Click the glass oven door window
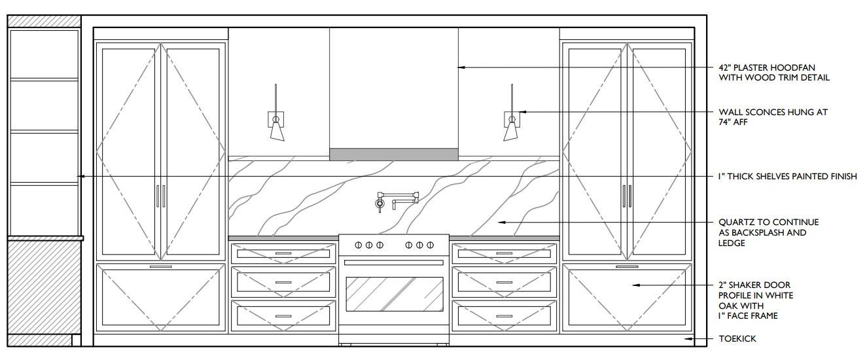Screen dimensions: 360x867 coord(395,294)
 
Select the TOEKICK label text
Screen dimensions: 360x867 coord(737,339)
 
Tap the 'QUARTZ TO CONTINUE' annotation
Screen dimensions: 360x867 coord(769,223)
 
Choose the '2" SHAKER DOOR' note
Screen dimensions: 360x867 coord(754,285)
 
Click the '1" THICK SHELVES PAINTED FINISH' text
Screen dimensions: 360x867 coord(787,177)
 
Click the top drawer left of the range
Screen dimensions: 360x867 coord(283,253)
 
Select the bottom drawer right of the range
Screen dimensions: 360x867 coord(504,316)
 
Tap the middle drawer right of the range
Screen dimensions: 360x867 coord(504,282)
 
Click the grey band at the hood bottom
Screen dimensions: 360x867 coord(394,154)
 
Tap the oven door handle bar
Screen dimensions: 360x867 coord(394,262)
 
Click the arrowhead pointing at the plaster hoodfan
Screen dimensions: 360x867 coord(461,67)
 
